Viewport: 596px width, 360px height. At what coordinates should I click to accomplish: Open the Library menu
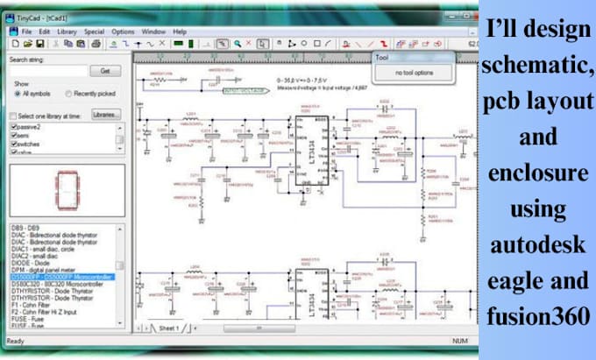66,32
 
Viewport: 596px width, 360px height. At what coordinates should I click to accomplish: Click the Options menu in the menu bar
123,32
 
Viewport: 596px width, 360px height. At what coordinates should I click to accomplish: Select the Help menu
180,32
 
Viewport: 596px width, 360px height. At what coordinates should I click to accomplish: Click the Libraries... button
106,114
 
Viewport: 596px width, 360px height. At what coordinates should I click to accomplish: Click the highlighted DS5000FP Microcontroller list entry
61,277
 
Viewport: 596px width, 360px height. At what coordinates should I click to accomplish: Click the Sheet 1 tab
167,328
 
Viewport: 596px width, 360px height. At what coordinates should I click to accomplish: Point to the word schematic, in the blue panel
536,61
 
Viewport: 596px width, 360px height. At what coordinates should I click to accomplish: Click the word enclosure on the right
536,173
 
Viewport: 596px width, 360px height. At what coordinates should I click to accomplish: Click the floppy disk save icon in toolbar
40,43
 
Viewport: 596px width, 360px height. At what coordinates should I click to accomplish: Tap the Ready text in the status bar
16,341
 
